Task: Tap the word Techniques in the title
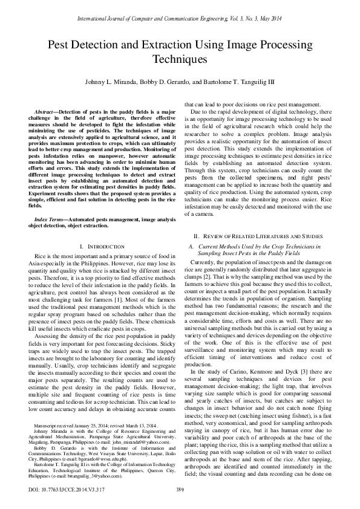(180, 59)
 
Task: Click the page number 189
(180, 489)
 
